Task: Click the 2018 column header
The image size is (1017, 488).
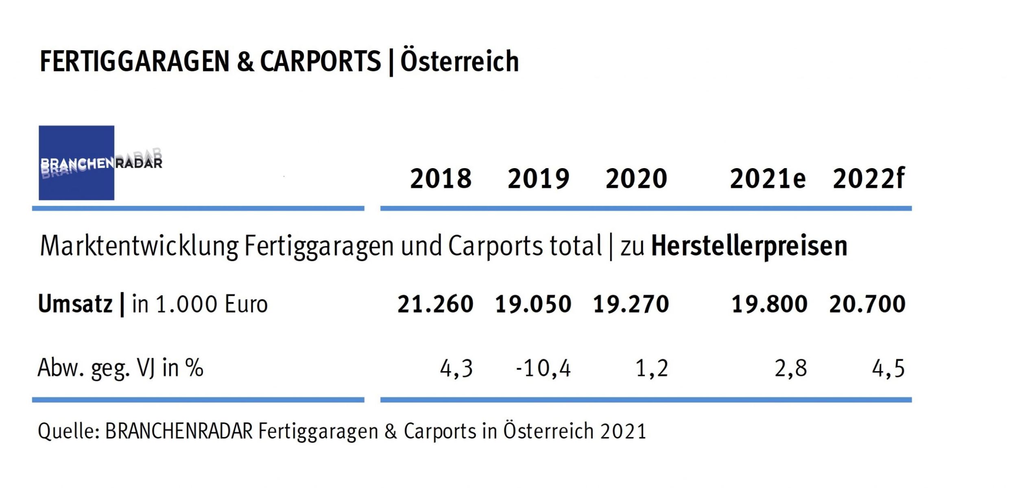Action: pos(441,179)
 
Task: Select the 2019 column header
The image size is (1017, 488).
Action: pos(538,179)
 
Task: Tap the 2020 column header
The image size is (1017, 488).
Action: pos(636,179)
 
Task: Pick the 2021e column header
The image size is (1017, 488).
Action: pos(767,179)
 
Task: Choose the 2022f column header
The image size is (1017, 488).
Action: pos(868,179)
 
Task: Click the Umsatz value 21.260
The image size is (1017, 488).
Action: pos(435,304)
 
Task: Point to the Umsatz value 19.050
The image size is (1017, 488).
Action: pos(533,304)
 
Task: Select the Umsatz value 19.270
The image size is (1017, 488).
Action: pos(631,304)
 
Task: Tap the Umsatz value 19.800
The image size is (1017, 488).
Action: pos(769,304)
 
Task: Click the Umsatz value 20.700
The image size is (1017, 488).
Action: pos(867,304)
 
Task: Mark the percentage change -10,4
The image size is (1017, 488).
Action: pos(543,368)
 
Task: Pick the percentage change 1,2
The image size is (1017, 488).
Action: pos(652,368)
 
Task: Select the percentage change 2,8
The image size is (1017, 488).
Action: pos(790,368)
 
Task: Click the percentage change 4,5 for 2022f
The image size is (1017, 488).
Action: pos(888,368)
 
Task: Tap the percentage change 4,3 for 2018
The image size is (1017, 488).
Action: pos(456,368)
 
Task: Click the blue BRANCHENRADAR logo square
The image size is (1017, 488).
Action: pos(76,162)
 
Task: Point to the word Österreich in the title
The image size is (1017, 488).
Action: pos(460,61)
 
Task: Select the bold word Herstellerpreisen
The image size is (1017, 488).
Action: pos(749,246)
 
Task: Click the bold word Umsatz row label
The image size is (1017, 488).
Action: pos(75,304)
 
